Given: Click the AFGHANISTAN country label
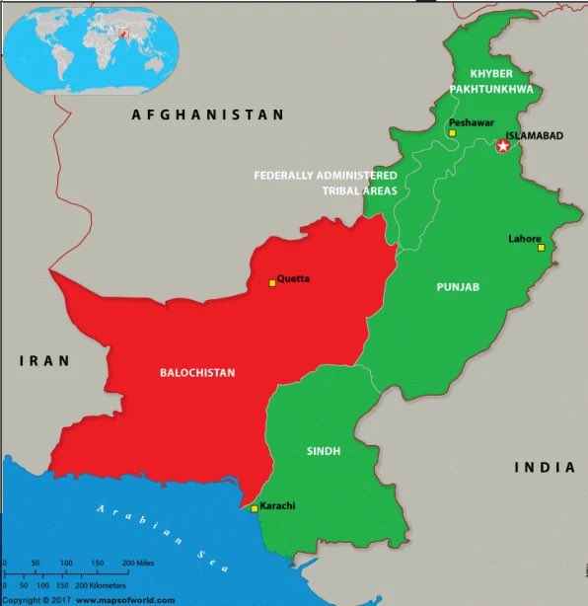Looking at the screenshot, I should (x=208, y=115).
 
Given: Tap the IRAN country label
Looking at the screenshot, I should (x=44, y=361).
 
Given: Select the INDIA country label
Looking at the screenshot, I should (x=544, y=467).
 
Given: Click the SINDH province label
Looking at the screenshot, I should (x=323, y=451).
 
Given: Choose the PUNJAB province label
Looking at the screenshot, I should (x=458, y=287).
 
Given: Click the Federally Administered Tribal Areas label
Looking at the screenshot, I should (x=325, y=183).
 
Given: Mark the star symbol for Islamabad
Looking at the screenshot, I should (x=503, y=146).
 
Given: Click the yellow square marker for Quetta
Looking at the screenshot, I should (x=272, y=283).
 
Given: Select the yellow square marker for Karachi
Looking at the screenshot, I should (x=255, y=509).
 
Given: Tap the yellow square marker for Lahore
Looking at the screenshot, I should (x=541, y=248).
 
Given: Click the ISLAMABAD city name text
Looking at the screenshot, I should (x=534, y=136).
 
